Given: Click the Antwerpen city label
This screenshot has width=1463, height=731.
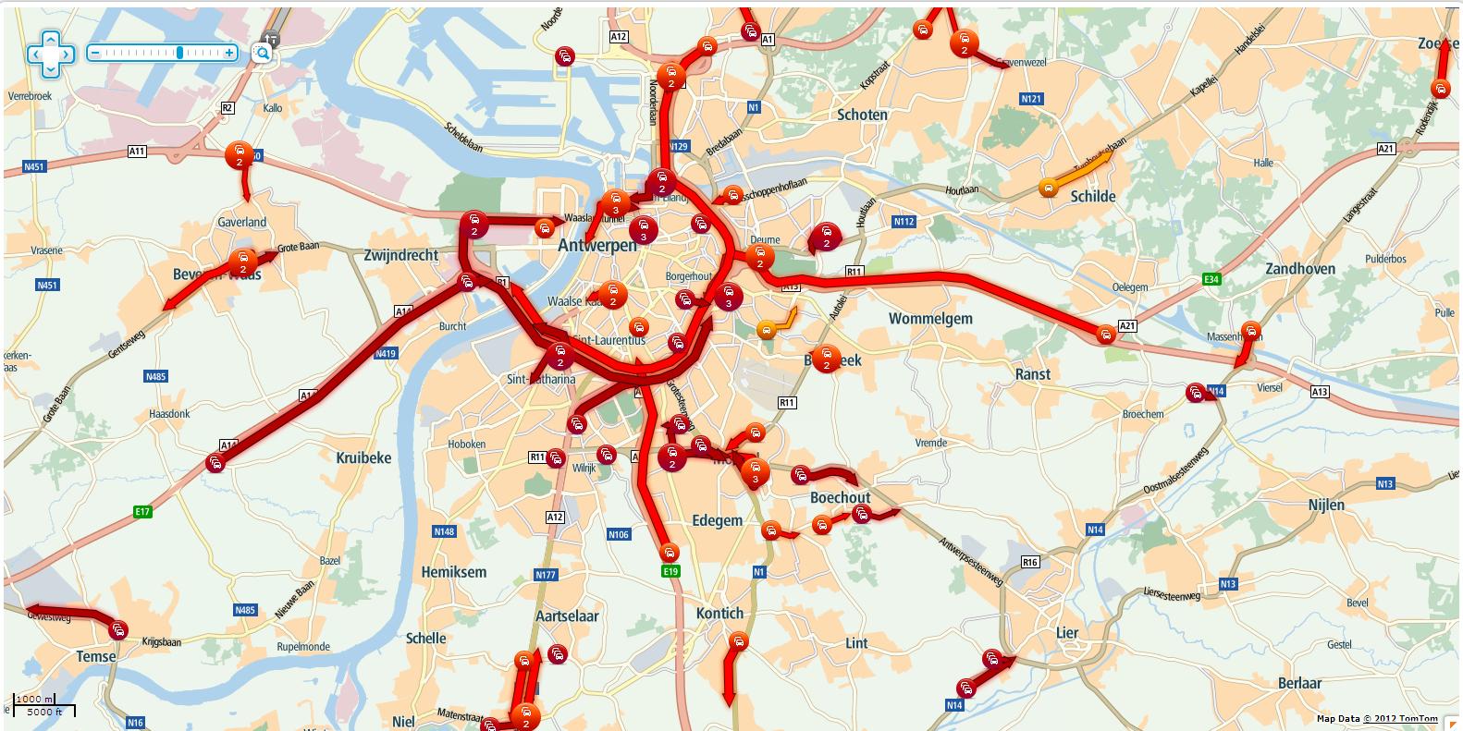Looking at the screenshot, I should coord(597,246).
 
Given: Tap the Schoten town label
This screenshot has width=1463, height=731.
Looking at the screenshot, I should coord(862,115).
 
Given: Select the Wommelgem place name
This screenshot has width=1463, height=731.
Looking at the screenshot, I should coord(930,319).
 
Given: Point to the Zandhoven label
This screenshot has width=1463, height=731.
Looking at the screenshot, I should coord(1300,269).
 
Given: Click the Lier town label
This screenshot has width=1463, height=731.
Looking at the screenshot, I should coord(1067,633).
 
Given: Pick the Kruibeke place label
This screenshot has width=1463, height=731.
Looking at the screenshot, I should coord(363,457).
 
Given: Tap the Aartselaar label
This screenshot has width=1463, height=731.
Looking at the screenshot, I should coord(567,615).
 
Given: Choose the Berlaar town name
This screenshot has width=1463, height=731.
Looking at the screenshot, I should coord(1299,683).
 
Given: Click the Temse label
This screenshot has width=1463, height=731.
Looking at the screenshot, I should coord(96,656).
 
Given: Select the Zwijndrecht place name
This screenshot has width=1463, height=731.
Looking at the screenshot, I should coord(401,255).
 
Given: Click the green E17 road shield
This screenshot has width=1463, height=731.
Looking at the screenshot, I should coord(141,511).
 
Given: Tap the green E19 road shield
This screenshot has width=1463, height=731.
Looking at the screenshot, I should coord(670,571).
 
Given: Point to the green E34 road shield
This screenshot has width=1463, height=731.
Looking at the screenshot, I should coord(1211,278).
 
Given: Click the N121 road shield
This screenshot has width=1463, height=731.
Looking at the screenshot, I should coord(1031,99).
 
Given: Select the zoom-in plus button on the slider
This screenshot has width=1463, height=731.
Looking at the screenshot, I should coord(229,53).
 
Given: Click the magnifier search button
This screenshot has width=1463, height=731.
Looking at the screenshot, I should coord(263,53).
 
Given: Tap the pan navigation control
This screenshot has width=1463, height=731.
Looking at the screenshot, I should coord(50,54).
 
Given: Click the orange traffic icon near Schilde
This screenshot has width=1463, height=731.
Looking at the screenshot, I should coord(1048,188).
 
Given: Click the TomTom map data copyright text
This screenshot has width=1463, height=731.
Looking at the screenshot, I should coord(1376,718).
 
